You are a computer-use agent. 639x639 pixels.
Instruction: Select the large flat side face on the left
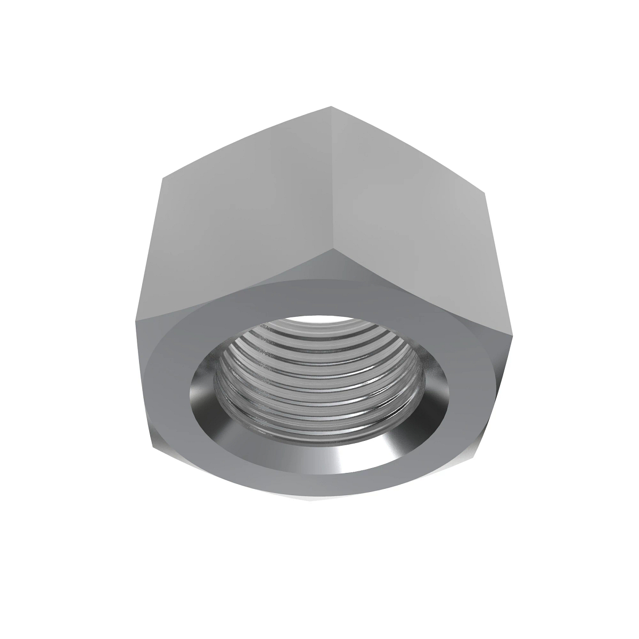tap(240, 224)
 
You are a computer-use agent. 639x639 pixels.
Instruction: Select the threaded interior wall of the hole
tap(319, 383)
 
